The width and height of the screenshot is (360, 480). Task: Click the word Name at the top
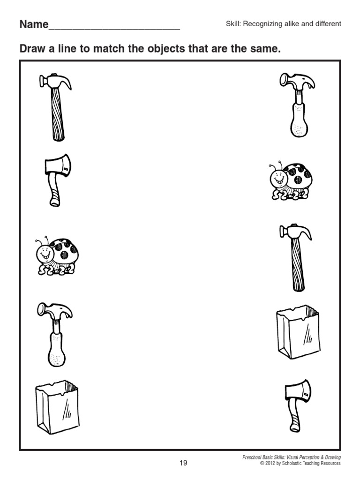[x=34, y=25]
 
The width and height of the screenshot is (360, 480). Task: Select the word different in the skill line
[x=328, y=23]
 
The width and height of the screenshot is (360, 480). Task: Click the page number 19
[x=183, y=463]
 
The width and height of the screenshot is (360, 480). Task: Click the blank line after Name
[x=114, y=27]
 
